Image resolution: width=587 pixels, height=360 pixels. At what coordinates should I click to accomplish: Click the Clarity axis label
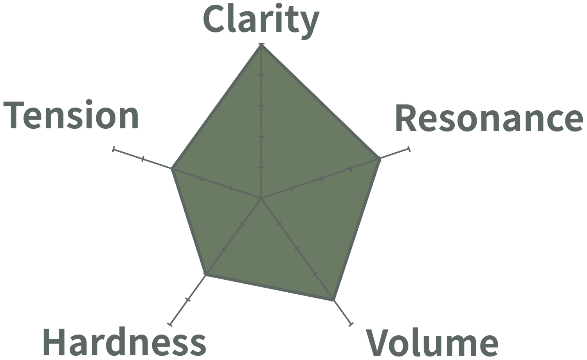click(x=261, y=20)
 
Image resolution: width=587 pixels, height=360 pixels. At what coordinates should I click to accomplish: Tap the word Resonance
click(x=489, y=119)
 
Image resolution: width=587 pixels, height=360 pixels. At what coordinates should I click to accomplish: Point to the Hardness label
click(x=124, y=342)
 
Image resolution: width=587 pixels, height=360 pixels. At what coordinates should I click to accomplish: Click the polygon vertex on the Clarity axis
click(x=261, y=45)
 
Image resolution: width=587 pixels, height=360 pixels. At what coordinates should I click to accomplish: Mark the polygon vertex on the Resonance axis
click(x=380, y=159)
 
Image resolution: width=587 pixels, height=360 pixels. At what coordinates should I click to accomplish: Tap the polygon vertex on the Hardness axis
click(x=205, y=276)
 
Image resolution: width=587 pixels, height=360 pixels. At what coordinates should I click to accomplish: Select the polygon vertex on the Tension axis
click(x=171, y=169)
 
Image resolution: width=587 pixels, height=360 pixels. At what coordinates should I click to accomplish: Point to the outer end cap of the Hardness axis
click(x=169, y=324)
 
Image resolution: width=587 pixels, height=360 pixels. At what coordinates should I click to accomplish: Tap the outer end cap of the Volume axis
click(x=351, y=324)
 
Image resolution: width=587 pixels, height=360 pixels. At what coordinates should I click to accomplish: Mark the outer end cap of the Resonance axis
click(x=409, y=149)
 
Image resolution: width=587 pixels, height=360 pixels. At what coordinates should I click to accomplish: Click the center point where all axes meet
click(x=261, y=198)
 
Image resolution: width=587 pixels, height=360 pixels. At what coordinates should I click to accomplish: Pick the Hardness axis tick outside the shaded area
click(x=188, y=300)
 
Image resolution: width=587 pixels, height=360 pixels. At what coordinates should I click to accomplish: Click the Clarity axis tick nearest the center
click(x=261, y=167)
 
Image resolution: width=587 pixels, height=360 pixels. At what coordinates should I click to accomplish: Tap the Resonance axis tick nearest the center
click(x=291, y=189)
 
